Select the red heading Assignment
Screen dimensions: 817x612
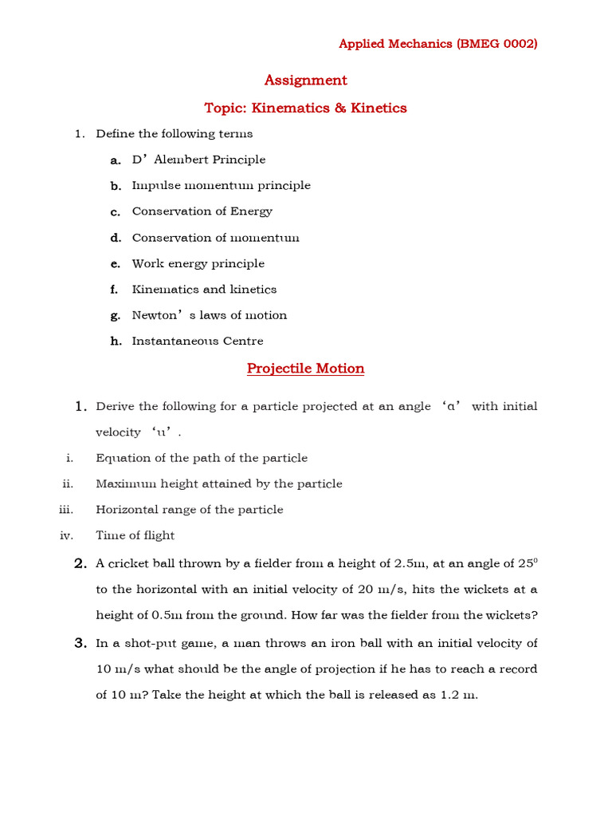tap(305, 80)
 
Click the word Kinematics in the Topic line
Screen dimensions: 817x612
tap(292, 108)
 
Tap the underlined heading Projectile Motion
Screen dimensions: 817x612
tap(305, 369)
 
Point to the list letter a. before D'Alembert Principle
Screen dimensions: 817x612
tap(116, 160)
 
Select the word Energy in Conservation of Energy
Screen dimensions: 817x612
tap(252, 211)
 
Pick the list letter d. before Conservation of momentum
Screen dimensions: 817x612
tap(116, 238)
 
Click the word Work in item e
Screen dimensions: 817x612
tap(148, 263)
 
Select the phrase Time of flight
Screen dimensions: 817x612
tap(135, 535)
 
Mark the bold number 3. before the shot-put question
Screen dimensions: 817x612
tap(80, 643)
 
